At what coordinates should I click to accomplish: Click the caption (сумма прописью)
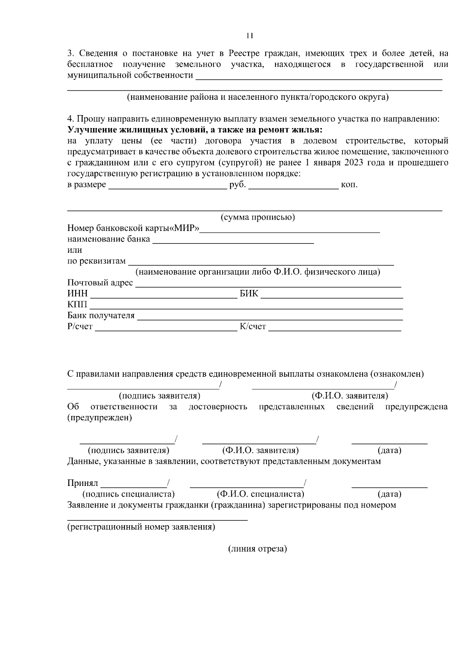click(257, 217)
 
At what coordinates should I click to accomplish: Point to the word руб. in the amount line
click(237, 185)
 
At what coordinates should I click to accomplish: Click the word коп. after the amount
click(349, 185)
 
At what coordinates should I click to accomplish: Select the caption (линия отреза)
click(257, 549)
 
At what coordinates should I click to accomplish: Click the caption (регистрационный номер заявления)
click(141, 527)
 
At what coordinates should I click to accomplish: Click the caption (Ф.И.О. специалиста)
click(260, 494)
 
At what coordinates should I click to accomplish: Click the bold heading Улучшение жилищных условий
click(195, 130)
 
